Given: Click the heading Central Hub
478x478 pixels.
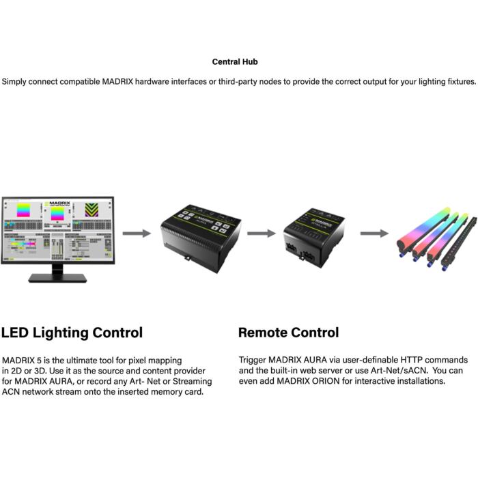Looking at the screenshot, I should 235,61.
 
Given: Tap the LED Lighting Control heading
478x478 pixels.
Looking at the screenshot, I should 72,333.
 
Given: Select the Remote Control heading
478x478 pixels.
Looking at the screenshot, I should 288,333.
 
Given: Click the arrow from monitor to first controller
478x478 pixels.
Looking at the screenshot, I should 137,234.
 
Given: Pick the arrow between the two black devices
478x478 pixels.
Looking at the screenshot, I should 261,234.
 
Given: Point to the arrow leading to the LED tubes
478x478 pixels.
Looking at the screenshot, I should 374,234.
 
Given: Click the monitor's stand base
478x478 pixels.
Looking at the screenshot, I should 57,278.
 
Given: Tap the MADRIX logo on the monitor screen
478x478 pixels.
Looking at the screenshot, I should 59,203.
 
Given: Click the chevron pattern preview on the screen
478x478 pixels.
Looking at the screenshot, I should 92,212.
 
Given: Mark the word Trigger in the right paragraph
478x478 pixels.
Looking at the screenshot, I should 254,359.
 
